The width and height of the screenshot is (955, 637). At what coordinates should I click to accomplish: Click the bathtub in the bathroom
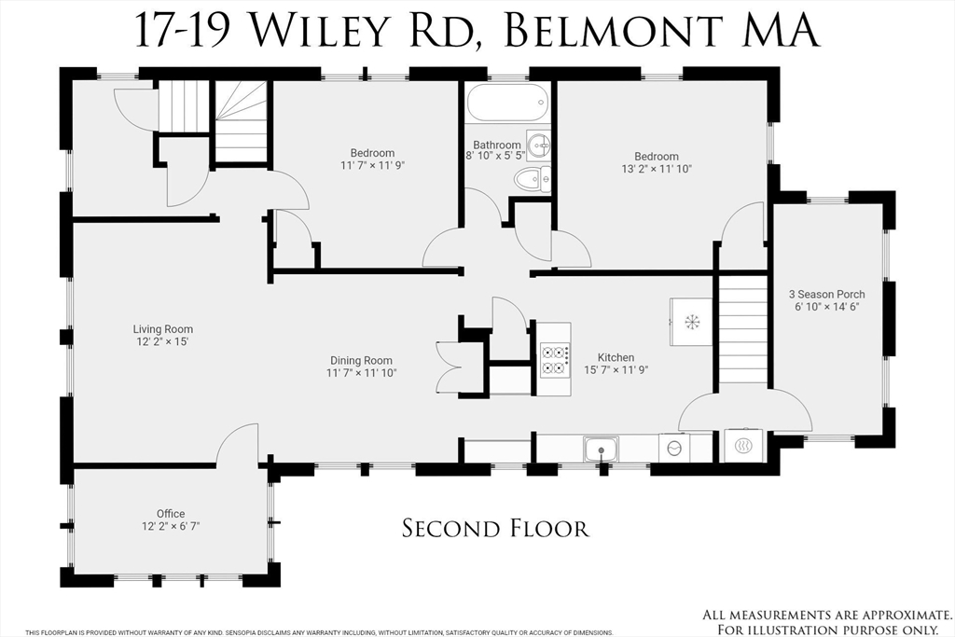tap(506, 103)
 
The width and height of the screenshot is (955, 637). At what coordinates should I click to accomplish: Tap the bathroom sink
tap(538, 145)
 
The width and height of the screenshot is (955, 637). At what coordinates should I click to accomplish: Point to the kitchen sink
tap(601, 449)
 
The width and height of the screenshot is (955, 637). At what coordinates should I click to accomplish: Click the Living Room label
tap(163, 329)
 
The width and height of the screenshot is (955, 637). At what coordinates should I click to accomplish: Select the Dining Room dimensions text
tap(362, 373)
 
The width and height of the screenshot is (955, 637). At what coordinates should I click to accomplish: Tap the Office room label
tap(171, 513)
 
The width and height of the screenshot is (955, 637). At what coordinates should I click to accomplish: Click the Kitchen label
tap(616, 357)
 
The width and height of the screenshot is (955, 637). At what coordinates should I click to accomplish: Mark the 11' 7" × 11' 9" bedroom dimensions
tap(372, 165)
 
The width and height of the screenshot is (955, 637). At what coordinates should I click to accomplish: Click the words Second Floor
tap(495, 529)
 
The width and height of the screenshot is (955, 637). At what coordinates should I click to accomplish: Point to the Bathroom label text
tap(496, 145)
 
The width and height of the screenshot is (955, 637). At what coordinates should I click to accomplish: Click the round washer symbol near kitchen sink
tap(673, 448)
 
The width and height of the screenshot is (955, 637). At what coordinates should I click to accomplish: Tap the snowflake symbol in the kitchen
tap(692, 322)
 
